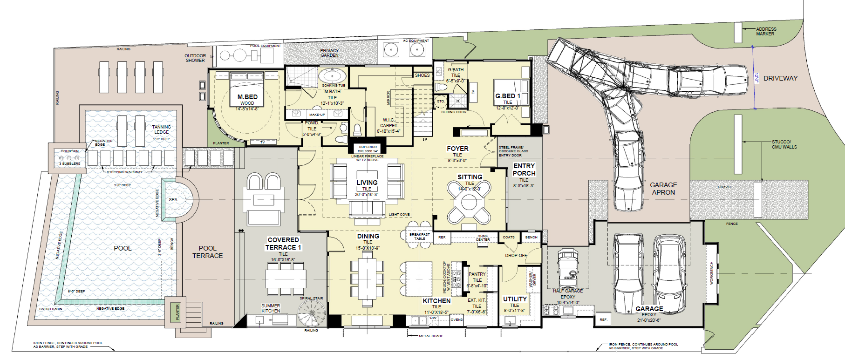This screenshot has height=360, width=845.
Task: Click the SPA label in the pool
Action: click(x=173, y=199)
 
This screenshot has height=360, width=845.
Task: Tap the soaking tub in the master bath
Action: click(x=332, y=75)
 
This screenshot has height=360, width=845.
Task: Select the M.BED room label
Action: click(x=247, y=97)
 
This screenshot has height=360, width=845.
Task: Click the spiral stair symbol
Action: click(x=311, y=313)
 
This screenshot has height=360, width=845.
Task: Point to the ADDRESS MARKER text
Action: click(x=766, y=31)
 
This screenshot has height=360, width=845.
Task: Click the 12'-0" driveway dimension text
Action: click(x=757, y=77)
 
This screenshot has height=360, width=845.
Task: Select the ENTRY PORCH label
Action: click(x=524, y=170)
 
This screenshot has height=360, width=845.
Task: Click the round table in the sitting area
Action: click(x=469, y=203)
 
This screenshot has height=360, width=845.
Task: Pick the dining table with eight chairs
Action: click(x=367, y=278)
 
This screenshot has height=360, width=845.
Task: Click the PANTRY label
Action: click(x=477, y=274)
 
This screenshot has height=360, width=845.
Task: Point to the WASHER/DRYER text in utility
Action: click(x=532, y=278)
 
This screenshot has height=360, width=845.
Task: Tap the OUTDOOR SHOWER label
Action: click(x=195, y=58)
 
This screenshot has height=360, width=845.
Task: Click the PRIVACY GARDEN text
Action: click(x=329, y=53)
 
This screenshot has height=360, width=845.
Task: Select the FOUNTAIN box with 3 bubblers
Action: click(x=69, y=158)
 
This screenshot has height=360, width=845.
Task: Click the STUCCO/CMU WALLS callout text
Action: click(x=784, y=144)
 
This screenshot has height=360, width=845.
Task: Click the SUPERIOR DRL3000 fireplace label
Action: click(x=368, y=149)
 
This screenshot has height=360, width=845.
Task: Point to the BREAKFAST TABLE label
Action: click(x=419, y=236)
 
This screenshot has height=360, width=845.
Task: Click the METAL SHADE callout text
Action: click(x=431, y=336)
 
